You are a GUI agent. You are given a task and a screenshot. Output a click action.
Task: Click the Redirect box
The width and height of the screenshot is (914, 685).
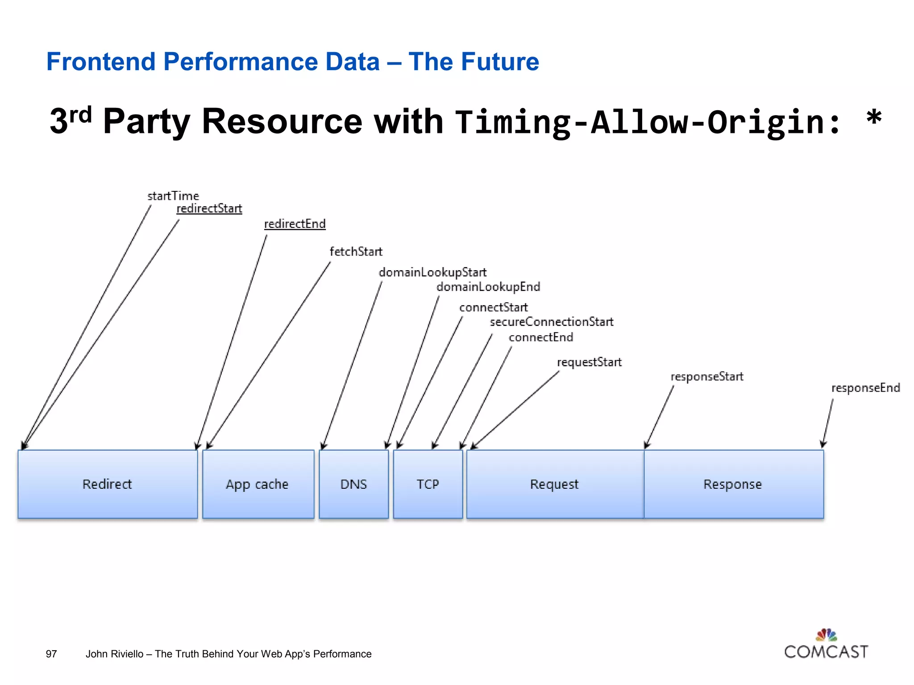pyautogui.click(x=108, y=484)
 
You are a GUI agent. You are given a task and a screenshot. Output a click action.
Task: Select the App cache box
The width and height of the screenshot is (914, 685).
pyautogui.click(x=258, y=484)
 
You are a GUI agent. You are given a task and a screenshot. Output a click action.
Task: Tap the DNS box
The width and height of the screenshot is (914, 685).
pyautogui.click(x=353, y=484)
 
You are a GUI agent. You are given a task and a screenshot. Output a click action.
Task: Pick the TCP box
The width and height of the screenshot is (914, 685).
pyautogui.click(x=428, y=484)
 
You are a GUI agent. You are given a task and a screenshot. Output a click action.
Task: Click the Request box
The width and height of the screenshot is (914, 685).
pyautogui.click(x=555, y=484)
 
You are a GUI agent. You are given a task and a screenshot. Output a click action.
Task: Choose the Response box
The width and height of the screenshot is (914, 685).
pyautogui.click(x=733, y=484)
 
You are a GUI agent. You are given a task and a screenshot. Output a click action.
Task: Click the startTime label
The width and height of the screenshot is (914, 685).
pyautogui.click(x=173, y=196)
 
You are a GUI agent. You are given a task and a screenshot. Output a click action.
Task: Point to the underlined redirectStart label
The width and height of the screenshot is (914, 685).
pyautogui.click(x=209, y=208)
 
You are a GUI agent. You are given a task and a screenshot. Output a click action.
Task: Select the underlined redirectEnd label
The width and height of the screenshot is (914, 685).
pyautogui.click(x=295, y=223)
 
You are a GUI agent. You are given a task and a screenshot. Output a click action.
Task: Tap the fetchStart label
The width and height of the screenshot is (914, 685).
pyautogui.click(x=356, y=252)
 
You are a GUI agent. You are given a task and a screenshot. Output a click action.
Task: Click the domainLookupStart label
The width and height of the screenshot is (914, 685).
pyautogui.click(x=432, y=272)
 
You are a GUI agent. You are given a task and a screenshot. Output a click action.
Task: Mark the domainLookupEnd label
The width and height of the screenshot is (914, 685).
pyautogui.click(x=488, y=287)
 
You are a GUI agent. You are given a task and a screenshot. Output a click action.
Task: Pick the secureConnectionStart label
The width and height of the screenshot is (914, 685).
pyautogui.click(x=552, y=322)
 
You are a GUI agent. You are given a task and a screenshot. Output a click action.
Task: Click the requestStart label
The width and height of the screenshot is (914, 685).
pyautogui.click(x=589, y=362)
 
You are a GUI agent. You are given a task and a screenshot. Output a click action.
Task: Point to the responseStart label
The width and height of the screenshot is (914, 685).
pyautogui.click(x=707, y=376)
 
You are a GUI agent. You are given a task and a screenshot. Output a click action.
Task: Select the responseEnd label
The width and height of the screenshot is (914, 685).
pyautogui.click(x=865, y=388)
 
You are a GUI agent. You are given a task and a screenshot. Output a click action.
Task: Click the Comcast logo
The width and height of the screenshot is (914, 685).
pyautogui.click(x=826, y=645)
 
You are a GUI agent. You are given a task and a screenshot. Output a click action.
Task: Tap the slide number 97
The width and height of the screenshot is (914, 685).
pyautogui.click(x=51, y=654)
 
